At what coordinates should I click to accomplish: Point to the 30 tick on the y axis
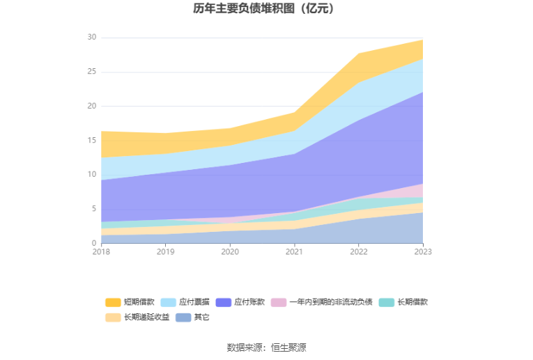pos(92,38)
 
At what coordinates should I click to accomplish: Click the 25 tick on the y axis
pos(92,72)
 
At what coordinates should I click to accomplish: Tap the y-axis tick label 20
pos(92,106)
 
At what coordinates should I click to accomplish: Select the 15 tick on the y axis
pos(92,140)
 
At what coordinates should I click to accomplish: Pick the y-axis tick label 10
pos(92,175)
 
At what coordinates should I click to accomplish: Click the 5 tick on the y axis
pos(94,209)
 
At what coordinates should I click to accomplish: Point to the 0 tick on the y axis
pos(94,243)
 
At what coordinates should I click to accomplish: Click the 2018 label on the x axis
pos(101,252)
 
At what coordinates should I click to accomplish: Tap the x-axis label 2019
pos(165,252)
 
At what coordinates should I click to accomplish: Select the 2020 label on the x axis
pos(230,252)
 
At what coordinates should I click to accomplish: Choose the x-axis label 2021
pos(294,252)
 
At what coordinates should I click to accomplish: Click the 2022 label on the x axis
pos(358,252)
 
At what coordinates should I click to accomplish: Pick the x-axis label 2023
pos(422,252)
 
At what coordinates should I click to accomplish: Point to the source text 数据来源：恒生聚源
pos(266,347)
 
